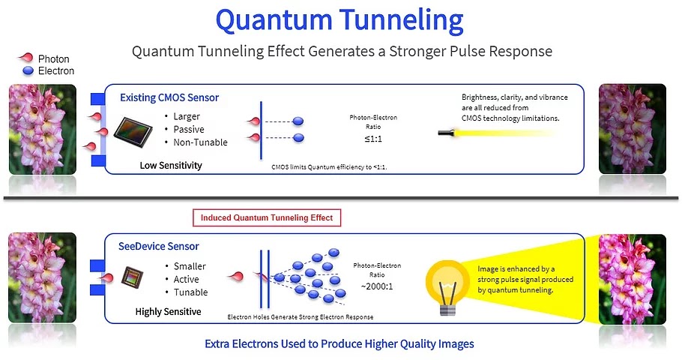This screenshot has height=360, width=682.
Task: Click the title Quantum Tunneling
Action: click(340, 19)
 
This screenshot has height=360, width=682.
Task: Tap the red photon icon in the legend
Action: click(25, 58)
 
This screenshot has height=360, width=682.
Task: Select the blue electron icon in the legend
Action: click(28, 71)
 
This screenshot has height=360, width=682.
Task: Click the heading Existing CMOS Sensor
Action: click(169, 97)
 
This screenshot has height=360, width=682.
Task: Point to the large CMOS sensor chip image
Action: click(135, 133)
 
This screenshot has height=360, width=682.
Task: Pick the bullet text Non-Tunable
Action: click(200, 142)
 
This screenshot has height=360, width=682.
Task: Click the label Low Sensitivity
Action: click(171, 165)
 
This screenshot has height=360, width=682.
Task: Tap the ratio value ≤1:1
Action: click(373, 139)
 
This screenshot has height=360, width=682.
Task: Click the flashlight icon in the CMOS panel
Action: click(449, 133)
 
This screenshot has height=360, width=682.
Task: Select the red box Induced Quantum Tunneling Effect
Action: click(267, 218)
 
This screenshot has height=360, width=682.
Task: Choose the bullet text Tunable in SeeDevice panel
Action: click(190, 292)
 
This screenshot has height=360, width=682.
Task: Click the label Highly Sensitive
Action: click(168, 311)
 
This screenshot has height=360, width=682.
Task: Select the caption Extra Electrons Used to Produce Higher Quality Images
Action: click(339, 343)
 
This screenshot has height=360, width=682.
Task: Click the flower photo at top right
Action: click(621, 128)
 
